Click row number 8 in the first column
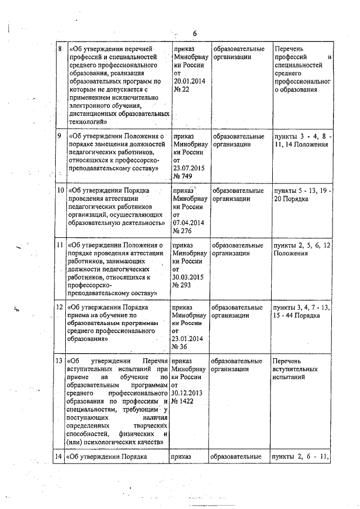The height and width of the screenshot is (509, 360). tap(60, 49)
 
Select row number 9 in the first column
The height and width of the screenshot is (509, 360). tap(60, 136)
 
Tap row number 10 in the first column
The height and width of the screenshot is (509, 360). tap(60, 190)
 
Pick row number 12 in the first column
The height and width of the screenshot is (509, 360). tap(60, 308)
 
